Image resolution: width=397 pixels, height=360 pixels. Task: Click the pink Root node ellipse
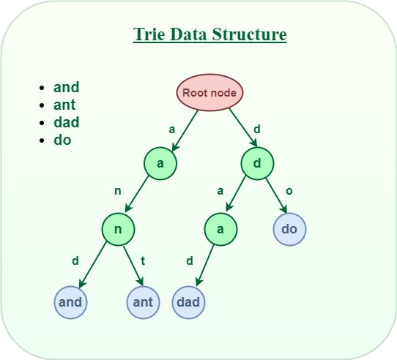point(209,93)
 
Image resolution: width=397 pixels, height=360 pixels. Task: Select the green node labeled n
point(119,229)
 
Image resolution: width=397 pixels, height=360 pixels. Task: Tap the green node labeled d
point(257,163)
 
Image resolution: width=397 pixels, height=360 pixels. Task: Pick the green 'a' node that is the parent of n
point(160,163)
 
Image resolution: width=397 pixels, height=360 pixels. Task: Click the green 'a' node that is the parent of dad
point(220,229)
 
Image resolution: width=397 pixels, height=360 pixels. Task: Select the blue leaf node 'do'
point(289,229)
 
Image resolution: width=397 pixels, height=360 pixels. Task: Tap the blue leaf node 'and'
point(70,301)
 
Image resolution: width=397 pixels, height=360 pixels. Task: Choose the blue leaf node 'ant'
point(143,301)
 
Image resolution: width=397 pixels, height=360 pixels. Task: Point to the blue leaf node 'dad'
point(189,301)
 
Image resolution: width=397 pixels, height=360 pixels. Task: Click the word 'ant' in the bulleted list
point(66,105)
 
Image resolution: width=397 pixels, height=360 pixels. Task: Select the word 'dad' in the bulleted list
point(67,122)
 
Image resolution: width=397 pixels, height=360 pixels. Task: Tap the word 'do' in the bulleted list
point(63,140)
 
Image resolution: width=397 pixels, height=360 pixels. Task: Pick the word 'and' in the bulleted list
point(67,87)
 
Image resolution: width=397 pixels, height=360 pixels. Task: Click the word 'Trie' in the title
point(149,34)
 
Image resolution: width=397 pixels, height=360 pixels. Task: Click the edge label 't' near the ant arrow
point(144,260)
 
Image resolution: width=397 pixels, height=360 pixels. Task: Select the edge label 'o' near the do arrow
point(289,191)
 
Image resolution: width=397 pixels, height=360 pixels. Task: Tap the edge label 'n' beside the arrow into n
point(117,192)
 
